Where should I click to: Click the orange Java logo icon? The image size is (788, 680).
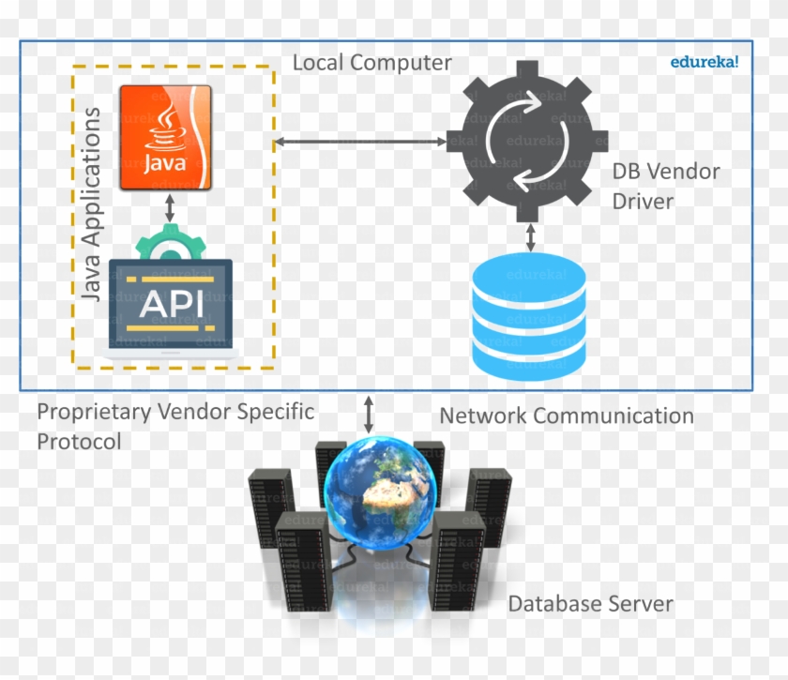pyautogui.click(x=166, y=138)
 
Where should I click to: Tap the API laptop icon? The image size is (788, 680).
pyautogui.click(x=170, y=305)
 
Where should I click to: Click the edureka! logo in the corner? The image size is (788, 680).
pyautogui.click(x=705, y=62)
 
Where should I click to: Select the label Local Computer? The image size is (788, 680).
pyautogui.click(x=371, y=63)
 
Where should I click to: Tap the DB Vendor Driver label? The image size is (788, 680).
pyautogui.click(x=665, y=186)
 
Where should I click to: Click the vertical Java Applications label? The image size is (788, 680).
pyautogui.click(x=91, y=204)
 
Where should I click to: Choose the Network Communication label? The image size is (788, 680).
pyautogui.click(x=567, y=416)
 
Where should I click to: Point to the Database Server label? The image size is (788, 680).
pyautogui.click(x=590, y=603)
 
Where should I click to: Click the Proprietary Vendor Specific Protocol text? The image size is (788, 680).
pyautogui.click(x=175, y=425)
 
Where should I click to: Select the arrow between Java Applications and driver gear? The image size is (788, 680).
pyautogui.click(x=360, y=142)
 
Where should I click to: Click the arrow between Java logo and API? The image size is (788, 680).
pyautogui.click(x=170, y=209)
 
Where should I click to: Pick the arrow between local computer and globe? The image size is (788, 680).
pyautogui.click(x=369, y=414)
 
